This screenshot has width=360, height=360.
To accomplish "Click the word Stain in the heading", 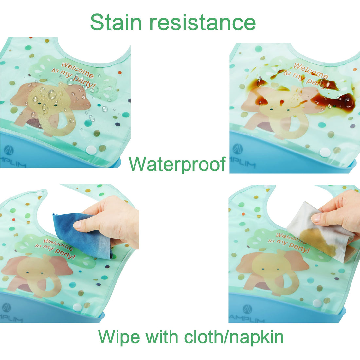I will [x=116, y=22].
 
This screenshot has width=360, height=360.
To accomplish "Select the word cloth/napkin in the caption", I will [x=234, y=336].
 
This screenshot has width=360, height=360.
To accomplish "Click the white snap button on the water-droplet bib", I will [x=91, y=150].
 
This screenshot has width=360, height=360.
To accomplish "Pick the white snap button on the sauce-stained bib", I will [x=325, y=152].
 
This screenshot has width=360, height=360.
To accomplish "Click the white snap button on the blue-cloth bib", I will [x=77, y=307].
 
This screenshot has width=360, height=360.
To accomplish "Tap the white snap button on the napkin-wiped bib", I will [x=316, y=303].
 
